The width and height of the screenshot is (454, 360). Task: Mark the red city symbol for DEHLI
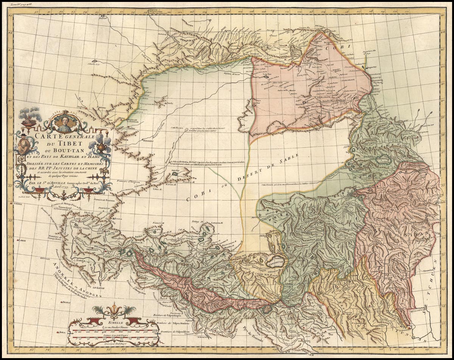coord(61,303)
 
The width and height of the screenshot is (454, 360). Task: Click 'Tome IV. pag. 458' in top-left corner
coord(22,5)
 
